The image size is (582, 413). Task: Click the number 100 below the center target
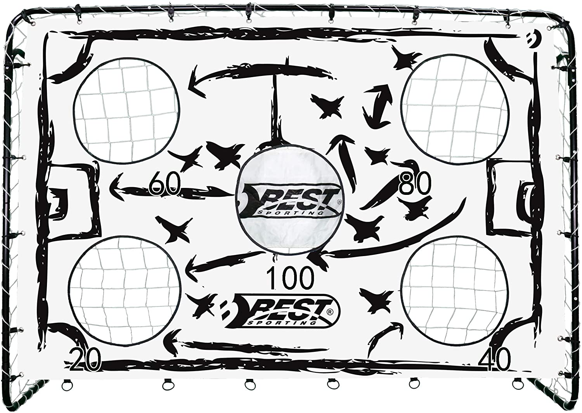(290, 278)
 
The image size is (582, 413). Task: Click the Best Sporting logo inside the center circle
(289, 202)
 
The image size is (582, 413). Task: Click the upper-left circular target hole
(126, 110)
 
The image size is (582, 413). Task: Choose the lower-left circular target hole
(126, 290)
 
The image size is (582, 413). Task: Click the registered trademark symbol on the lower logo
(329, 305)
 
